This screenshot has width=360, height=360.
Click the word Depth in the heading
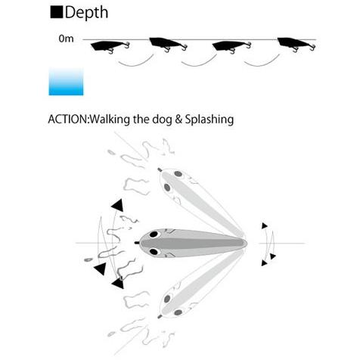86,13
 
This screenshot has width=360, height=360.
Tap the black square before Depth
57,12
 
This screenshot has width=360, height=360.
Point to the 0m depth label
66,39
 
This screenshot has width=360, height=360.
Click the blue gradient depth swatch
66,82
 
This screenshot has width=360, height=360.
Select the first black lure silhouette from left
110,47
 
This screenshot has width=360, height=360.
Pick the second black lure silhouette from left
169,45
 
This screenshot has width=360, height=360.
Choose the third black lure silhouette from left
232,47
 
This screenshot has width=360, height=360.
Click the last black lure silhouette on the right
296,45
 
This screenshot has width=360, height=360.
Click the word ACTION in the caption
67,119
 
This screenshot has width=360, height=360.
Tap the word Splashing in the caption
209,119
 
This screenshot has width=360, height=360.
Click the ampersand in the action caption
178,119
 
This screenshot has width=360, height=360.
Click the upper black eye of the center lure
154,234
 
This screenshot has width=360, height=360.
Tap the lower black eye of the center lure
154,251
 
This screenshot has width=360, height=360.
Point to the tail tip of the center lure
247,243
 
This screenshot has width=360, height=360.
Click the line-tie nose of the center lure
137,243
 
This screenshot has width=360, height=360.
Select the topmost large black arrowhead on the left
118,206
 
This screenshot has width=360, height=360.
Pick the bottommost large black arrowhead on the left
118,284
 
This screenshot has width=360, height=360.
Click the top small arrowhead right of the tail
264,225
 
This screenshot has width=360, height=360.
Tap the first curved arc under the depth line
136,62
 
